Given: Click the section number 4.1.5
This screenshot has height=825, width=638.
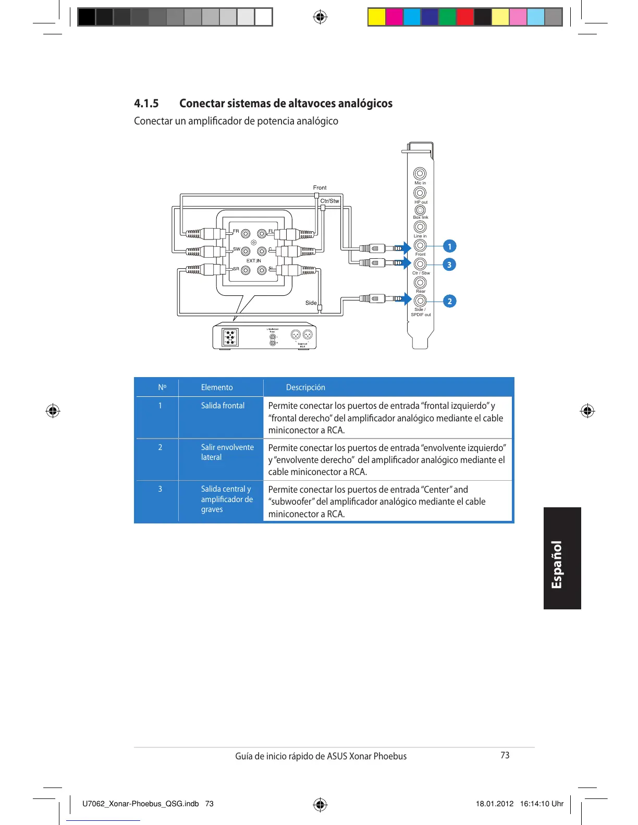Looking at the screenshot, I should click(146, 103).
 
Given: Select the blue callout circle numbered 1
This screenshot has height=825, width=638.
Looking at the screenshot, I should click(449, 246).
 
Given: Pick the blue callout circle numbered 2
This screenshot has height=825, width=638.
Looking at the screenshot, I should click(449, 301).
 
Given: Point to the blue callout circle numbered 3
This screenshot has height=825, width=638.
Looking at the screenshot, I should click(449, 265).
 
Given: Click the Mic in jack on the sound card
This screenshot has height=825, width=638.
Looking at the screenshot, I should click(420, 173).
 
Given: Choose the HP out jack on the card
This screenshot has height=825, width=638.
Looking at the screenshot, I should click(420, 193).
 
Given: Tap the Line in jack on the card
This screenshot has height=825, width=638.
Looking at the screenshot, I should click(420, 227).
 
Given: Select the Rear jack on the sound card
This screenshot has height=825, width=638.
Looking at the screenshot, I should click(420, 282).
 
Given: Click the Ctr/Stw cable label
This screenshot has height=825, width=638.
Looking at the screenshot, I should click(329, 201).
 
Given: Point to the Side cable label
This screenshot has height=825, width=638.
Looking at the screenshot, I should click(311, 303).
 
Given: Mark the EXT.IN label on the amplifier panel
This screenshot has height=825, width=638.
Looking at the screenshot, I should click(254, 260).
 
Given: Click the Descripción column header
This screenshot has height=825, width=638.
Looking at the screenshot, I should click(305, 387).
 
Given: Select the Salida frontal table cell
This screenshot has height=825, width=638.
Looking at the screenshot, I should click(223, 406).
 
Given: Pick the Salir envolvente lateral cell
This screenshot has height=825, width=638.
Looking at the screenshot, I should click(227, 452).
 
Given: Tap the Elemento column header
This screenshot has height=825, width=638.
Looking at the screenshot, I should click(217, 387).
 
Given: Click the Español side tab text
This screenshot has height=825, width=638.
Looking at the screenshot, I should click(557, 565).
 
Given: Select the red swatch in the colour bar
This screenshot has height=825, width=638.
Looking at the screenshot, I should click(464, 17).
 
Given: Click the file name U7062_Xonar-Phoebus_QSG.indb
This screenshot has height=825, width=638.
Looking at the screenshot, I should click(141, 804).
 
